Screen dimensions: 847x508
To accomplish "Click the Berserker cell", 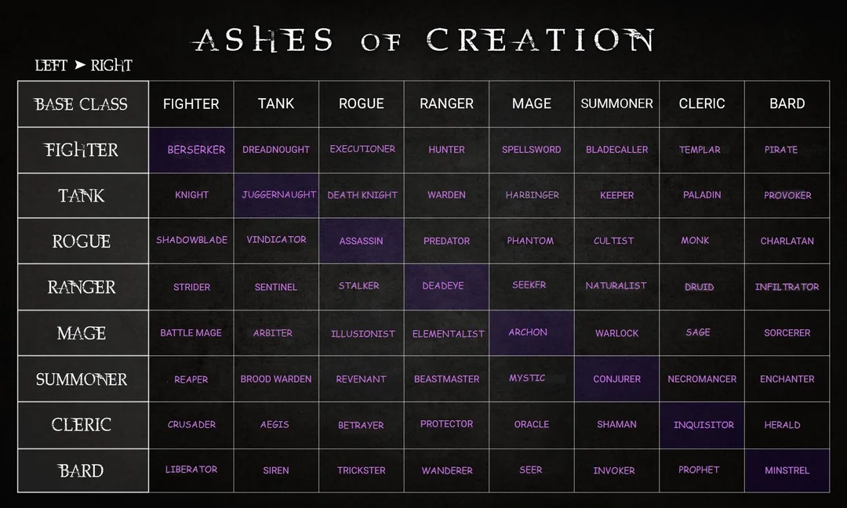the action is pos(191,150).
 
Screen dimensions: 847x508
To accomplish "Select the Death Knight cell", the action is pos(362,195).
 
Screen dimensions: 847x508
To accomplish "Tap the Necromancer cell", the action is pos(702,379).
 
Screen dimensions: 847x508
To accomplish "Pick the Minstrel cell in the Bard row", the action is pos(787,470).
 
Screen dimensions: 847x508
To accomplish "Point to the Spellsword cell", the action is pos(532,150).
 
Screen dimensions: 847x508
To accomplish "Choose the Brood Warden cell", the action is pos(276,379).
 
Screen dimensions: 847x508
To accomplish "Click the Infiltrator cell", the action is pos(787,287).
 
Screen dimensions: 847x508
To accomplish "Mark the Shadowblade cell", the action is pos(191,241).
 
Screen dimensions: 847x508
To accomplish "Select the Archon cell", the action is pos(532,332).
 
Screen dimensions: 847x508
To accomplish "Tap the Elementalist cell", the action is pos(447,332).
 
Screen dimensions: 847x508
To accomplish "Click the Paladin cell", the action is pos(702,195).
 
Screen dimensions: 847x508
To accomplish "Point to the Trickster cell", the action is pos(362,470).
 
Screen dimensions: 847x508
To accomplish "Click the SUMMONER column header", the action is pos(617,103).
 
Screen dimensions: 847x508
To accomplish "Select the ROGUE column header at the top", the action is pos(362,103).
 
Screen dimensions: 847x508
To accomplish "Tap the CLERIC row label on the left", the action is pos(82,425).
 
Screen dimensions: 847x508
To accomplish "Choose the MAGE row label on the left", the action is pos(82,332).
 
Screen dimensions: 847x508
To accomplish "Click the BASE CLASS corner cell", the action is pos(82,103).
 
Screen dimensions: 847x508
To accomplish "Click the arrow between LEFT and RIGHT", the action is pos(80,65).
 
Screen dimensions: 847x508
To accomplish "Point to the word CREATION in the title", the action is pos(540,39).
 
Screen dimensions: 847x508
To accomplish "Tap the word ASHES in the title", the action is pos(263,39).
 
